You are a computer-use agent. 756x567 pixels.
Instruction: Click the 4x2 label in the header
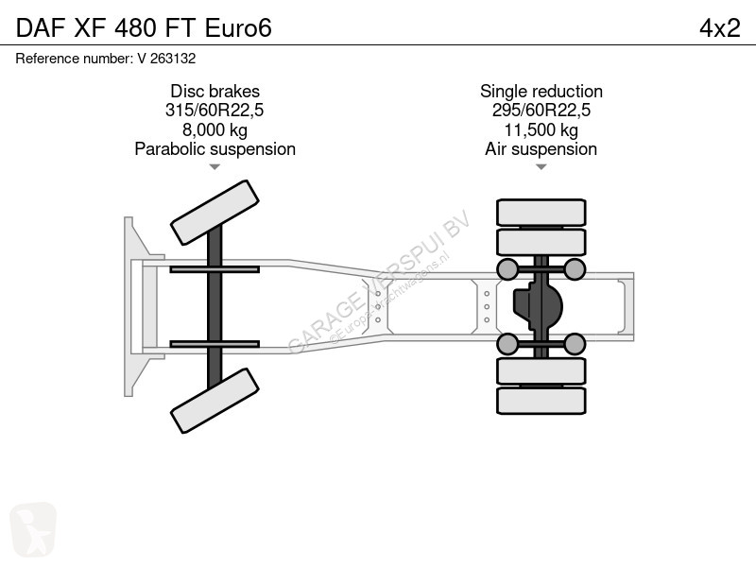coord(719,28)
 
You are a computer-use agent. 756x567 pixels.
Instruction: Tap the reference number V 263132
coord(166,59)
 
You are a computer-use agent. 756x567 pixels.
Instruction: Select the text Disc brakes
coord(215,91)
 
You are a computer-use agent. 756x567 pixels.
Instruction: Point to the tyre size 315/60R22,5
coord(215,111)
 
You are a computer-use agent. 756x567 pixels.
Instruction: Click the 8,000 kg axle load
coord(215,129)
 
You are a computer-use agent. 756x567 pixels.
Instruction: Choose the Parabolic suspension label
coord(215,149)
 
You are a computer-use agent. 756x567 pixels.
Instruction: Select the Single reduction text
coord(541,91)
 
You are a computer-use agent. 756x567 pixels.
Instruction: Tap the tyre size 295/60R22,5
coord(541,111)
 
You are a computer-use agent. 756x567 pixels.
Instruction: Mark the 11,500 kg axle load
coord(541,129)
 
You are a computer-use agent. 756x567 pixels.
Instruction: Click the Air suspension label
coord(541,149)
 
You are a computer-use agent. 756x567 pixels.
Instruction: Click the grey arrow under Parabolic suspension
coord(215,167)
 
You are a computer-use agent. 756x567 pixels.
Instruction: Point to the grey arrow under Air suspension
coord(541,167)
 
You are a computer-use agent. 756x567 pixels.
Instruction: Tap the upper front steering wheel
coord(215,213)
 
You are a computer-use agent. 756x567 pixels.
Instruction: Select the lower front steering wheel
coord(215,401)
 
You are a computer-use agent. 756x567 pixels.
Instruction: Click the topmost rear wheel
coord(541,212)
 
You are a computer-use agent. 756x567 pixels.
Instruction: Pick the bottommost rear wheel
coord(541,401)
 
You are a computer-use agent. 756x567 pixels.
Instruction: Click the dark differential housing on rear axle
coord(538,306)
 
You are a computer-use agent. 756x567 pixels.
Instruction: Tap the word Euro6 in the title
coord(238,28)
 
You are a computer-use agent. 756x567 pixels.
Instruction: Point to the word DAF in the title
coord(41,28)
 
